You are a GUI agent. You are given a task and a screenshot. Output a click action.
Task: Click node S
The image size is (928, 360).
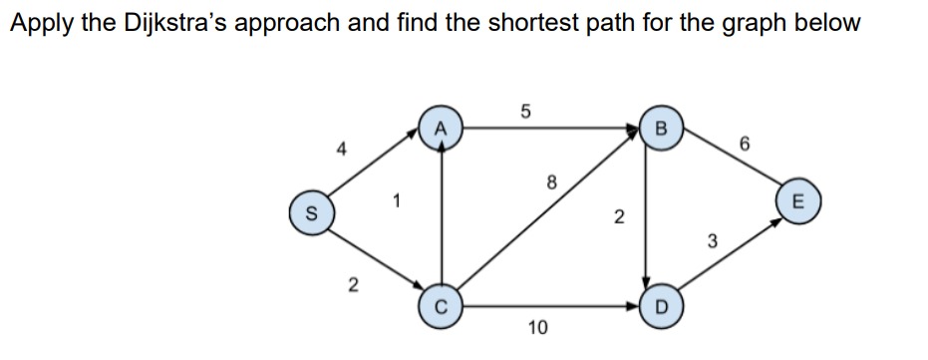point(310,213)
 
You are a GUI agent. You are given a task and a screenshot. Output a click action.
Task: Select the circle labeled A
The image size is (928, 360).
point(440,129)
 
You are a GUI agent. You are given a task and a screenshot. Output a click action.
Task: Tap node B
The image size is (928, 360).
point(655,129)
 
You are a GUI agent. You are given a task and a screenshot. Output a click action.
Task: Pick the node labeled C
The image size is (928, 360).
point(440,303)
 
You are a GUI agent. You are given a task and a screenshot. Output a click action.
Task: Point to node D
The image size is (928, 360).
point(655,303)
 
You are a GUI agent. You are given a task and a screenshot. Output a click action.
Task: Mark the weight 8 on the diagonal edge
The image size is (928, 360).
point(550,181)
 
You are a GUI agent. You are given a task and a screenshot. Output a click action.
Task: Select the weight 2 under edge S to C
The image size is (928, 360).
point(351,286)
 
